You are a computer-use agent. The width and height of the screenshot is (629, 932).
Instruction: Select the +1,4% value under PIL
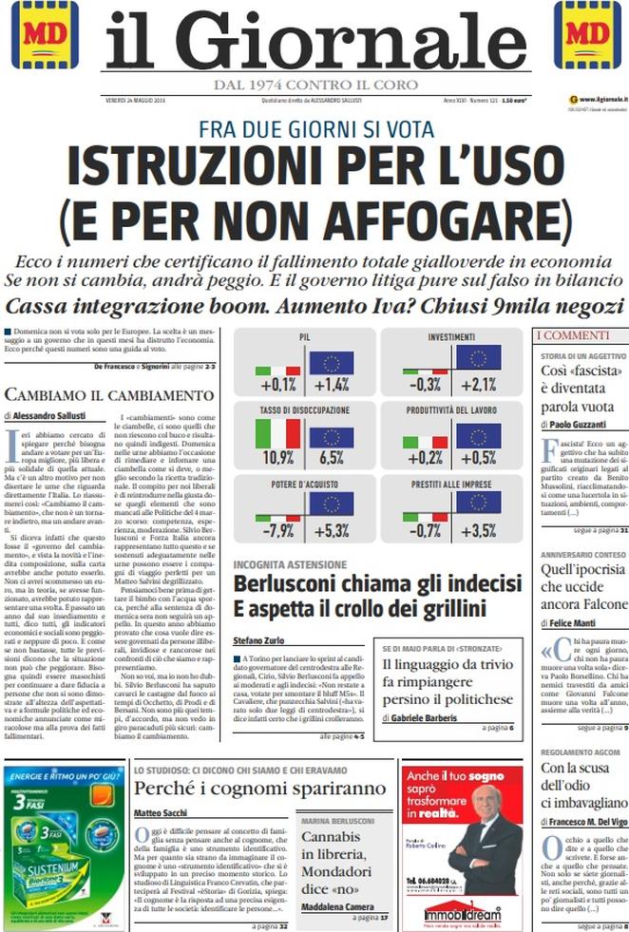click(331, 384)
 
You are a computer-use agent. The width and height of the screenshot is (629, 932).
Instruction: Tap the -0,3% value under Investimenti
click(425, 384)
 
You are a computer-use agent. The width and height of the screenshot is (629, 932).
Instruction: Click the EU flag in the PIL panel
click(331, 361)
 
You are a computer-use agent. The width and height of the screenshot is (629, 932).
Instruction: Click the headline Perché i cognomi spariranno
click(259, 789)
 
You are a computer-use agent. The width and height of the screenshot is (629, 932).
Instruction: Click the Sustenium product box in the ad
click(57, 869)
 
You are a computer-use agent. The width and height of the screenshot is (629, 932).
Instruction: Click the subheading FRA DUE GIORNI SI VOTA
click(316, 129)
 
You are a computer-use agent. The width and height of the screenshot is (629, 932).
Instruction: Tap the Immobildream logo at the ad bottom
click(462, 915)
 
